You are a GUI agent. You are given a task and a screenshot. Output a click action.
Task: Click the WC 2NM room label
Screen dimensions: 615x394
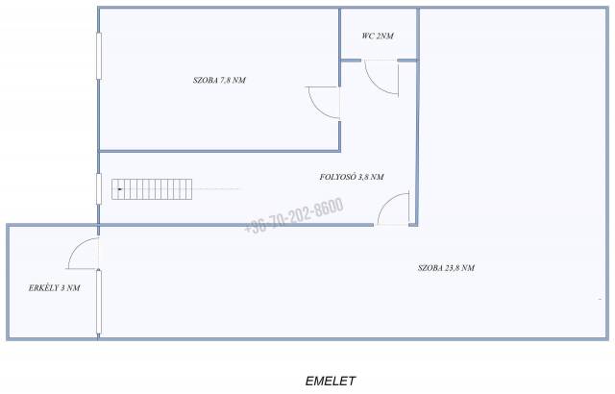click(x=378, y=37)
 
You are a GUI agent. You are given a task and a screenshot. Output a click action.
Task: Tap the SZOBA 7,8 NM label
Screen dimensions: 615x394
click(x=219, y=81)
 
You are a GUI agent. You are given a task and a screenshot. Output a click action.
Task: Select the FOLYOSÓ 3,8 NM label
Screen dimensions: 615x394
click(x=352, y=177)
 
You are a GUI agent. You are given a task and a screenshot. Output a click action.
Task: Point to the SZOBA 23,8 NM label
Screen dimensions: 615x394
click(x=446, y=268)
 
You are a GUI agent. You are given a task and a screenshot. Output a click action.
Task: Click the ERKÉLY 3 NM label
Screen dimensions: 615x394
click(x=54, y=287)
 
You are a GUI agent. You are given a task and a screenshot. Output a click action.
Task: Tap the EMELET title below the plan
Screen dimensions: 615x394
click(x=331, y=381)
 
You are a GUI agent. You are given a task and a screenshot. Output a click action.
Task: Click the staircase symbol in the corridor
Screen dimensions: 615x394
click(x=152, y=189)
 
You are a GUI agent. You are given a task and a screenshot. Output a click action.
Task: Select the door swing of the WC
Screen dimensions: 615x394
click(x=381, y=78)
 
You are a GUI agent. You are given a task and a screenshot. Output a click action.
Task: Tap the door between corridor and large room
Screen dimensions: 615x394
click(x=393, y=209)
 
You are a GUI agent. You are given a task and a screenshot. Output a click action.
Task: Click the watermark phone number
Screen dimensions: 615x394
click(x=294, y=215)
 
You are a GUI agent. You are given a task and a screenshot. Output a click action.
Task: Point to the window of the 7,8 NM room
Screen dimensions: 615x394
click(x=99, y=56)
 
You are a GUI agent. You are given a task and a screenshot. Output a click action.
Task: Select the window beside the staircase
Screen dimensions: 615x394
click(x=99, y=189)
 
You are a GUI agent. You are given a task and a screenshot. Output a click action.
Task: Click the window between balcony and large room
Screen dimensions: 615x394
click(x=99, y=302)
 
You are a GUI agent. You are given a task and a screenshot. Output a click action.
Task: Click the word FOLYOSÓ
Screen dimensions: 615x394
click(x=337, y=177)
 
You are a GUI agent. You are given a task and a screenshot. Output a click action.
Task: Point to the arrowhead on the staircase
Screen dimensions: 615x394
click(x=119, y=189)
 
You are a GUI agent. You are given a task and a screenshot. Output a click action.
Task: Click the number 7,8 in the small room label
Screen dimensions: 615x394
click(x=226, y=81)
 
